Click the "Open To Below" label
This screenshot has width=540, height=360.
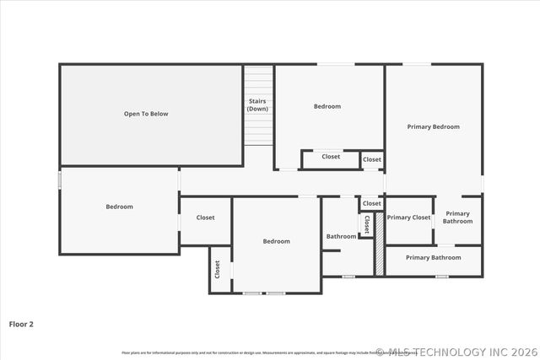(146, 114)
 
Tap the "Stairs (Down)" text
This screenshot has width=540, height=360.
(257, 105)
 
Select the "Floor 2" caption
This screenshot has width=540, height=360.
(22, 323)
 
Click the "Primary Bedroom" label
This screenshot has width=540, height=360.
(433, 126)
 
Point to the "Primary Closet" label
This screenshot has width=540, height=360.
(408, 218)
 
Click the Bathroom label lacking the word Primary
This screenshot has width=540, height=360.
(341, 236)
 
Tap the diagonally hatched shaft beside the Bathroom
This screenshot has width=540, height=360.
(380, 244)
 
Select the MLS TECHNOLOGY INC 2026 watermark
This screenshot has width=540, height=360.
(456, 352)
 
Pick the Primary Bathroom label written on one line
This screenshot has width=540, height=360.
(433, 257)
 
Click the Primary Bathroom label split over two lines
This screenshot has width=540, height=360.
(457, 218)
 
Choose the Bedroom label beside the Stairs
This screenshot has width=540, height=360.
(327, 106)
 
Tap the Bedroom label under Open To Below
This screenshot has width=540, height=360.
(119, 207)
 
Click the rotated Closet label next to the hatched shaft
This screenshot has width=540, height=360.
(367, 224)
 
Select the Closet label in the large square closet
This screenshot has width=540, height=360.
(205, 218)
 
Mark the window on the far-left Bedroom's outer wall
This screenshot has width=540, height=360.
(60, 180)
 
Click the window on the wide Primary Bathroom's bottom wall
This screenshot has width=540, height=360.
(441, 277)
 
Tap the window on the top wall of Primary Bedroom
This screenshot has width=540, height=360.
(415, 65)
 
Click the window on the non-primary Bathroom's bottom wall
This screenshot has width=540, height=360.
(348, 277)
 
